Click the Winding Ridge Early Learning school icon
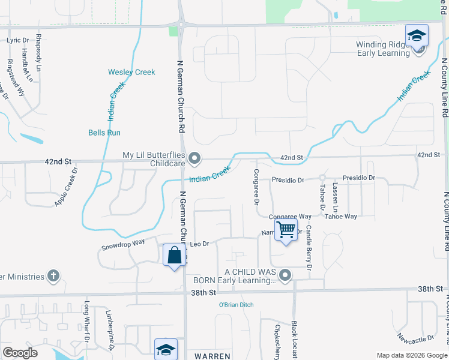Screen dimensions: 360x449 pos(417,37)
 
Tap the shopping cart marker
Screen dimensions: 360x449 pos(286,229)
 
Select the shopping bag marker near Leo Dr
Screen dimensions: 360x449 pos(174,256)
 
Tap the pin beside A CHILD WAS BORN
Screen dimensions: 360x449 pos(285,276)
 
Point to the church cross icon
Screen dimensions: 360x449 pos(53,276)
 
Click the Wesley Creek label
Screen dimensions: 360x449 pos(131,72)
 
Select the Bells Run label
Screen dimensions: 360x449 pos(104,133)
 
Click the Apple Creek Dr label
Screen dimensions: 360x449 pos(66,187)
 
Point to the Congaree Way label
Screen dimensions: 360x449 pos(290,216)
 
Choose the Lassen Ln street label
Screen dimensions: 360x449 pos(336,197)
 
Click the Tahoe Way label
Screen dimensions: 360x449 pos(341,216)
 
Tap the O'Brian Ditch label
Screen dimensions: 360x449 pos(235,305)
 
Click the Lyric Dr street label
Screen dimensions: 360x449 pos(17,40)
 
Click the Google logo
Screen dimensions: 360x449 pos(20,353)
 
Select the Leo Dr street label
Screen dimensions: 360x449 pos(199,244)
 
